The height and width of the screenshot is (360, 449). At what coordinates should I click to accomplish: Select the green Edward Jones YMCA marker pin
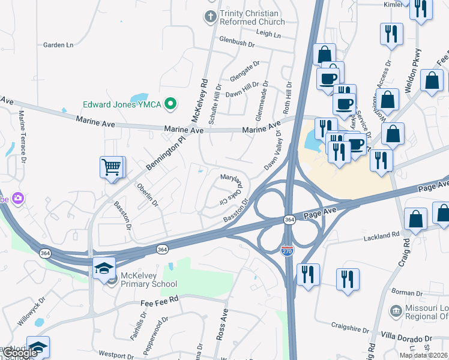(170, 105)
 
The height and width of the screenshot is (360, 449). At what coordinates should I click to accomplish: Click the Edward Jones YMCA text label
(122, 105)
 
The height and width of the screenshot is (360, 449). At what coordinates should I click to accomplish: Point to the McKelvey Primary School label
(148, 280)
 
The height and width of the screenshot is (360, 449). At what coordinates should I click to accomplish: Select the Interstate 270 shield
(288, 254)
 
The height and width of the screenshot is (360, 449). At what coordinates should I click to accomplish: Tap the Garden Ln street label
(58, 45)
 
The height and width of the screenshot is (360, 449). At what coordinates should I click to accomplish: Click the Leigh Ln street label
(268, 35)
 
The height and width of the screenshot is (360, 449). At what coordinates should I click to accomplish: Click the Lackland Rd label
(381, 238)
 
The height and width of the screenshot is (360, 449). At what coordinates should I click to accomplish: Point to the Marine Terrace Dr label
(23, 137)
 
